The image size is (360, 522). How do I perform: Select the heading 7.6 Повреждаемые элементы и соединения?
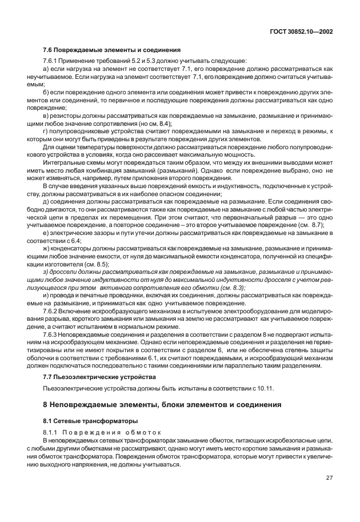click(x=112, y=49)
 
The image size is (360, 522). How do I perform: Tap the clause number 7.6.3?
click(x=51, y=333)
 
